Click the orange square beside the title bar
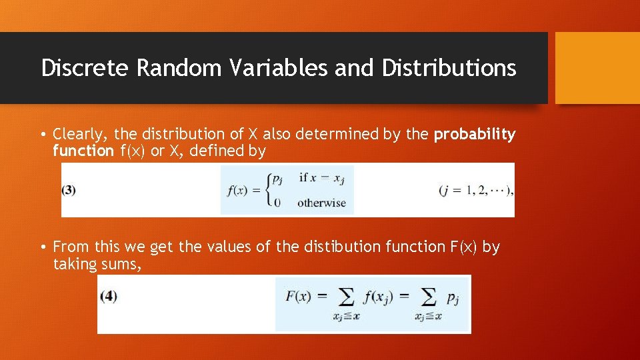(x=597, y=68)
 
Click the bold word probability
(x=475, y=135)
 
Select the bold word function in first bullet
(x=83, y=151)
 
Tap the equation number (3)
(x=69, y=190)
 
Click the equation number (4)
(x=108, y=296)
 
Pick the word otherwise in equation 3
(x=321, y=203)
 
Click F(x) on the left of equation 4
(x=298, y=296)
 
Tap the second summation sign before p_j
(x=429, y=297)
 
